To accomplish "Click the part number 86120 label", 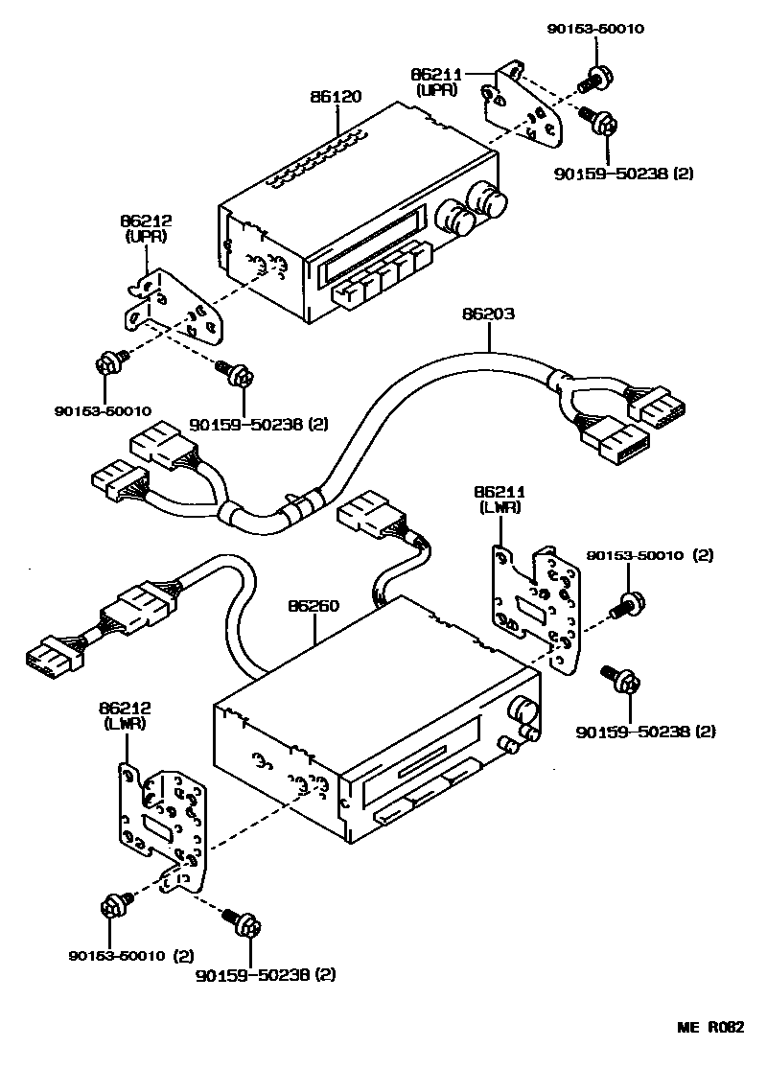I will pyautogui.click(x=337, y=98).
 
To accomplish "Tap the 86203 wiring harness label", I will pyautogui.click(x=488, y=314).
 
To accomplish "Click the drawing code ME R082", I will pyautogui.click(x=711, y=1027).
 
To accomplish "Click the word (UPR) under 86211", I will pyautogui.click(x=438, y=90).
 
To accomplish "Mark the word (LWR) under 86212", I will pyautogui.click(x=125, y=724).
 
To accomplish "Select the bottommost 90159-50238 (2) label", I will pyautogui.click(x=266, y=975).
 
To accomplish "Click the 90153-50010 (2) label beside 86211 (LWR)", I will pyautogui.click(x=650, y=555).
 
